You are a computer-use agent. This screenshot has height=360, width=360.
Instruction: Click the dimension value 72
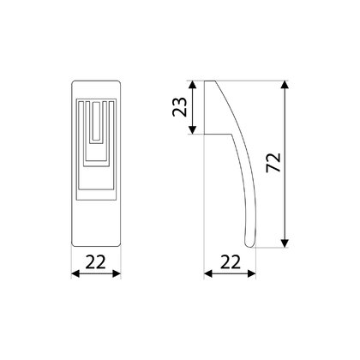click(273, 163)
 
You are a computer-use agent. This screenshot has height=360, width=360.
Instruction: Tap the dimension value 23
click(180, 107)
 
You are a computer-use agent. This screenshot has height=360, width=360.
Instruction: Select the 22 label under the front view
click(96, 261)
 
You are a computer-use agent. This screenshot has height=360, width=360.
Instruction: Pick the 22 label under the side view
click(231, 261)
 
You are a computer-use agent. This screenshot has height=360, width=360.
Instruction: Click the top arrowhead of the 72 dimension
click(285, 85)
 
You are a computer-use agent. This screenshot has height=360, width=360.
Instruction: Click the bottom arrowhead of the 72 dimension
click(285, 243)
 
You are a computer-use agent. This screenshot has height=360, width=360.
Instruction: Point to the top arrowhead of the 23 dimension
click(193, 85)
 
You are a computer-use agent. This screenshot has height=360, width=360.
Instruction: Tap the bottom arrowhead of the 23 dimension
click(193, 130)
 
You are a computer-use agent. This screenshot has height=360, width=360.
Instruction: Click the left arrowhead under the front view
click(75, 273)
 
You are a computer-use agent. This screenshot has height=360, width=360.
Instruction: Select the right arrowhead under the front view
click(117, 273)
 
